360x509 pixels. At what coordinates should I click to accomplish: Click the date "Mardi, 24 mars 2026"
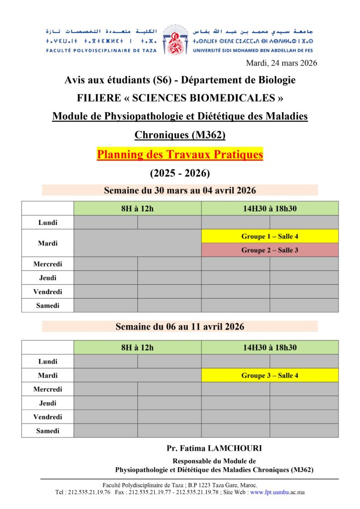pyautogui.click(x=281, y=63)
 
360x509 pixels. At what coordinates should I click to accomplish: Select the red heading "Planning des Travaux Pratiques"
pyautogui.click(x=180, y=155)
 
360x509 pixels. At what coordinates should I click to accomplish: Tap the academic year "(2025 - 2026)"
pyautogui.click(x=180, y=173)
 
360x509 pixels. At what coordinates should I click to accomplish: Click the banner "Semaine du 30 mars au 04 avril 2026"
pyautogui.click(x=180, y=190)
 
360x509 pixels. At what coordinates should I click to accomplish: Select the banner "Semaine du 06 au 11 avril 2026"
pyautogui.click(x=180, y=327)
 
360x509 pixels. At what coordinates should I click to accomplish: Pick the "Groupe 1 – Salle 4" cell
pyautogui.click(x=270, y=236)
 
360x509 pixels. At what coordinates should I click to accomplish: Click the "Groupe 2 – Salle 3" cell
pyautogui.click(x=270, y=250)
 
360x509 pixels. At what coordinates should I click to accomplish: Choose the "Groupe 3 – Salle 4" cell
pyautogui.click(x=270, y=375)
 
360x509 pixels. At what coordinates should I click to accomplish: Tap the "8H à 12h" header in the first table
pyautogui.click(x=137, y=208)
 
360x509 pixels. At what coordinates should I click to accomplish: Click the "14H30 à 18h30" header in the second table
pyautogui.click(x=270, y=347)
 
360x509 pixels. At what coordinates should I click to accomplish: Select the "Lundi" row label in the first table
pyautogui.click(x=48, y=222)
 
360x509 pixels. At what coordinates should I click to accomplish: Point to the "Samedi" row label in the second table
pyautogui.click(x=48, y=430)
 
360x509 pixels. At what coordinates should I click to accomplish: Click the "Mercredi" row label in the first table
pyautogui.click(x=48, y=264)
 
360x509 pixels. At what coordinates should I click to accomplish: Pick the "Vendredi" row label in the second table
pyautogui.click(x=48, y=417)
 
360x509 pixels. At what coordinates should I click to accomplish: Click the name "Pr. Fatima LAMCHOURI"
pyautogui.click(x=214, y=448)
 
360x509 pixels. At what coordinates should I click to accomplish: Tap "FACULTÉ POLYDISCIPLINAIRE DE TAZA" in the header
pyautogui.click(x=101, y=50)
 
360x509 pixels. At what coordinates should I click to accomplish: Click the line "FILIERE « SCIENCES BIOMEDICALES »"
pyautogui.click(x=180, y=97)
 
